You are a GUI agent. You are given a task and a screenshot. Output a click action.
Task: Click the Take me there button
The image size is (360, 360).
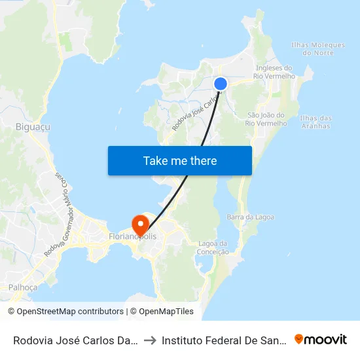[x=179, y=160]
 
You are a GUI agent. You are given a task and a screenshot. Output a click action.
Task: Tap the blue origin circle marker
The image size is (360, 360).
[x=221, y=83]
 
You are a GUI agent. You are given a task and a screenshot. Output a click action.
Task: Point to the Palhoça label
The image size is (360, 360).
[x=23, y=287]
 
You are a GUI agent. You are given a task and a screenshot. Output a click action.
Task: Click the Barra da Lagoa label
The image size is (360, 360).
[x=250, y=217]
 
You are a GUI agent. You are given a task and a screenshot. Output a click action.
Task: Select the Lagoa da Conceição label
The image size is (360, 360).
[x=213, y=247]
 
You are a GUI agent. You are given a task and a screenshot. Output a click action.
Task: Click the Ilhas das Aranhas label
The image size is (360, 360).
[x=315, y=122]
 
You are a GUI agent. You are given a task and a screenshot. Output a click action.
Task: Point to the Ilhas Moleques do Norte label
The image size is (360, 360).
[x=317, y=48]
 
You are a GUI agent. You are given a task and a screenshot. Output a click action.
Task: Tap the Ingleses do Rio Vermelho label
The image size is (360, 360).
[x=274, y=72]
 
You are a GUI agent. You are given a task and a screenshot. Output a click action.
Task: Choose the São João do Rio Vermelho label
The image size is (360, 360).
[x=267, y=119]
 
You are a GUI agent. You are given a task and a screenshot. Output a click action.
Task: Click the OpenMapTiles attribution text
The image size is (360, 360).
[x=162, y=312]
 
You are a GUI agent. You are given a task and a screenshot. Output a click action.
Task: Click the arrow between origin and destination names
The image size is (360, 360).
[x=149, y=340]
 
